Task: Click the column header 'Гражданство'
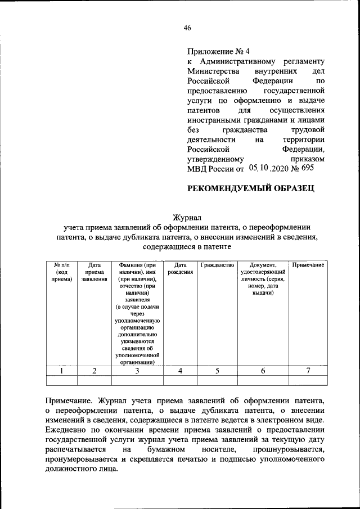click(217, 265)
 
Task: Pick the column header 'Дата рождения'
click(180, 268)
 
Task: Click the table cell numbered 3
click(137, 371)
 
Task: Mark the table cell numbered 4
click(180, 371)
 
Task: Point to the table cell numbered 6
click(263, 371)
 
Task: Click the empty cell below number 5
click(217, 381)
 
